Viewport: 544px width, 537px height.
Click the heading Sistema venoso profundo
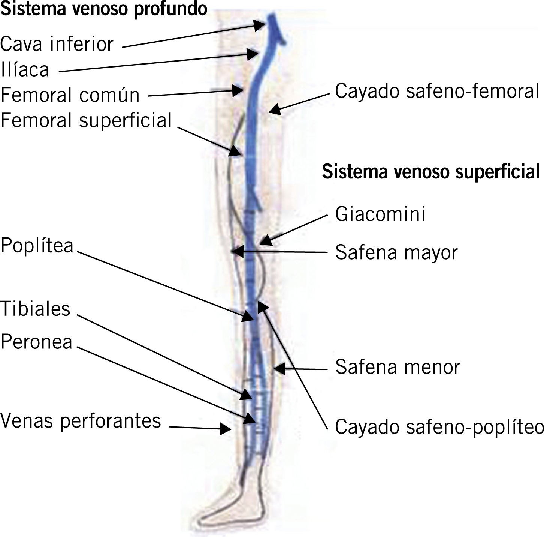tap(104, 9)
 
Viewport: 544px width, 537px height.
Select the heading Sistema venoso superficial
tap(430, 172)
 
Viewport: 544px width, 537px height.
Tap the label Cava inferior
tap(57, 44)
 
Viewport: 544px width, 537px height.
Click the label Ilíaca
tap(25, 70)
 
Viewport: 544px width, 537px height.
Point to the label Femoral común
tap(70, 95)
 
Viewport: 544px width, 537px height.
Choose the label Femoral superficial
tap(86, 121)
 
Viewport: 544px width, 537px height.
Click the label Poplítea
tap(37, 246)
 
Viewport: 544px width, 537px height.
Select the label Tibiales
tap(36, 309)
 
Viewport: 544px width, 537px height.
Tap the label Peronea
tap(36, 342)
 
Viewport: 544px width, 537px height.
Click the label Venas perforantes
tap(81, 420)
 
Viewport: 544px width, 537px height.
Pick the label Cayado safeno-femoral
tap(436, 91)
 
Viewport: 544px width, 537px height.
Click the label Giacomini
tap(380, 214)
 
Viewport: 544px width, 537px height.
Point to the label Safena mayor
tap(396, 252)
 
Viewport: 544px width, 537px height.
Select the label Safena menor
tap(397, 367)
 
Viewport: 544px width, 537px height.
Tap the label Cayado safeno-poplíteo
tap(439, 427)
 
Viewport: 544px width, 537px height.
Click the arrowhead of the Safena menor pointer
tap(279, 369)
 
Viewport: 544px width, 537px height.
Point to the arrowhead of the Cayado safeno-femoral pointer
tap(274, 109)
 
